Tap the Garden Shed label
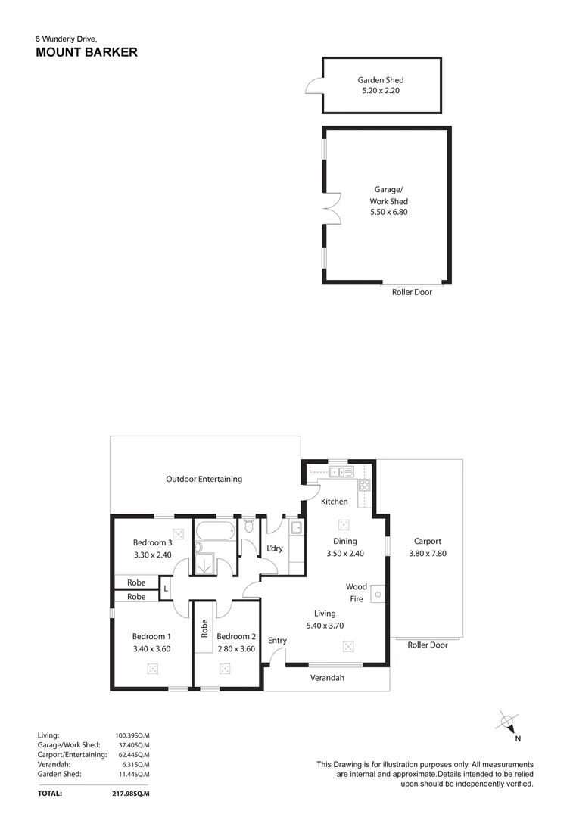381,80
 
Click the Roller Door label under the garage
412,293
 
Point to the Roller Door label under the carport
427,645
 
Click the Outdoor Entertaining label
204,479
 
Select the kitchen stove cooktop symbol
364,486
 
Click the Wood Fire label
357,592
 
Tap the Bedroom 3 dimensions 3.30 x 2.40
153,555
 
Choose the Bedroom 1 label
151,637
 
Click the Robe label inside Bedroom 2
204,629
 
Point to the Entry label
277,641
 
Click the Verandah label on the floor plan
327,679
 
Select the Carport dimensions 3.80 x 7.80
427,554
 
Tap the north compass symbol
508,721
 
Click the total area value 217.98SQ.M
132,794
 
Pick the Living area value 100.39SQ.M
132,735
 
